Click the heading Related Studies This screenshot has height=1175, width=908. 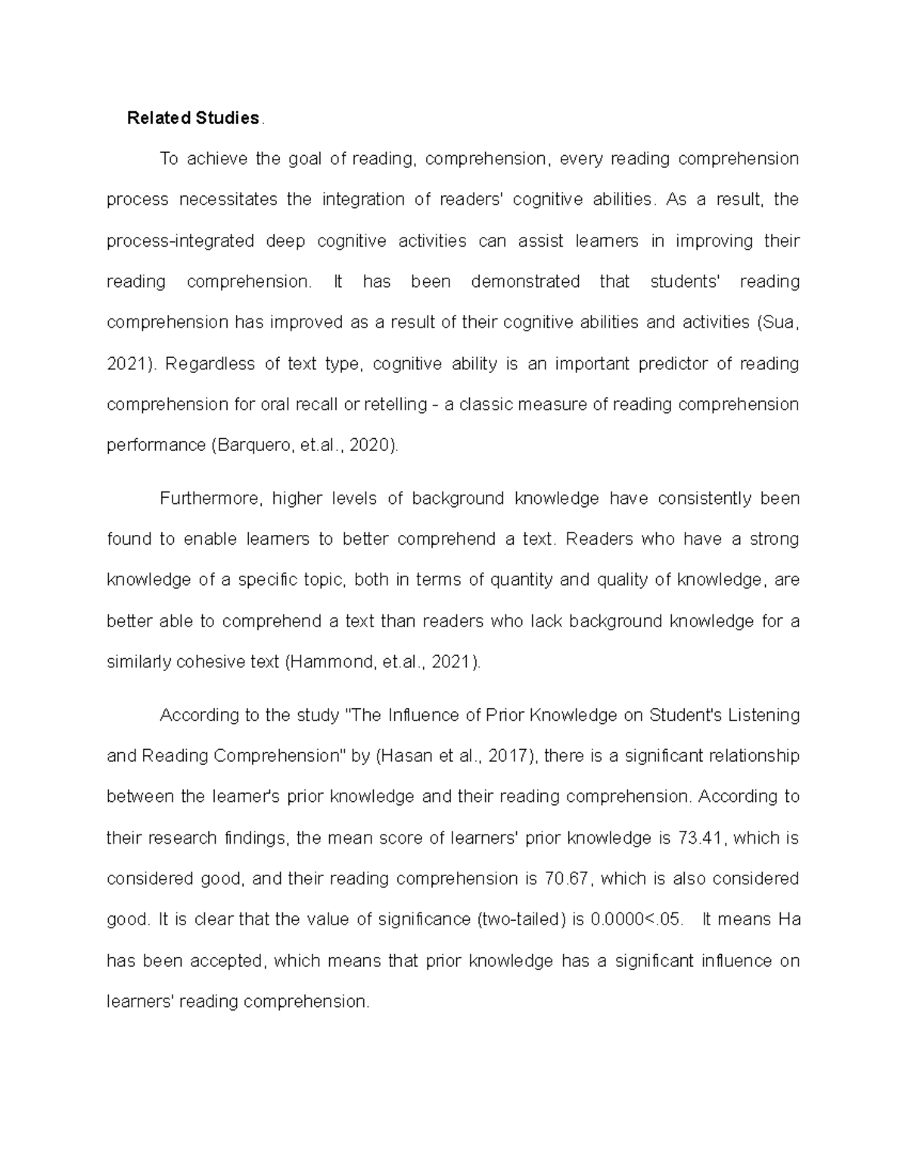193,118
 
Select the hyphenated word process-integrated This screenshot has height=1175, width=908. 180,241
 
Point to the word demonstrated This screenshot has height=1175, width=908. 524,282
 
